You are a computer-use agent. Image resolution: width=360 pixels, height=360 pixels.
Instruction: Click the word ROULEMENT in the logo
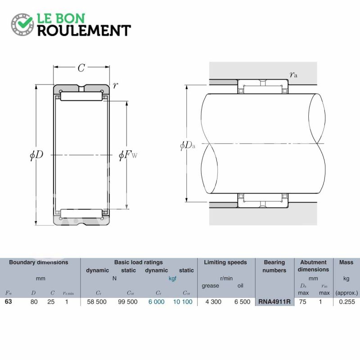84,31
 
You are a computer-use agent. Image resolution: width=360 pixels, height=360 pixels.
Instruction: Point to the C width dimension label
81,68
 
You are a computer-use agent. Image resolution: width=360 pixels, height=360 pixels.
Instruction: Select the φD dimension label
36,155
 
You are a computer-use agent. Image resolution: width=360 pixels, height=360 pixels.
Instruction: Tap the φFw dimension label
128,155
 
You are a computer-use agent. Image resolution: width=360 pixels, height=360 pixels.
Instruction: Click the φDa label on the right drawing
188,145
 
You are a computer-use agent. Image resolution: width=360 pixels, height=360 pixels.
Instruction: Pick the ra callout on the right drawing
293,74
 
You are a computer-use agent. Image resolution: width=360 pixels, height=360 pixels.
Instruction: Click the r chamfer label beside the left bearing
115,85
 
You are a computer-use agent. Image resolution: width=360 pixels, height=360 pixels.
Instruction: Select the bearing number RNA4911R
274,301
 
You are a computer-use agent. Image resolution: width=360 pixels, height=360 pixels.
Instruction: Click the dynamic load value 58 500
97,301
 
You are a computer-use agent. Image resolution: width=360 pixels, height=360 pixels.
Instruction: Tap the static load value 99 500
128,301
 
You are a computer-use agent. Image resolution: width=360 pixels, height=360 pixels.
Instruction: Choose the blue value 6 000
156,301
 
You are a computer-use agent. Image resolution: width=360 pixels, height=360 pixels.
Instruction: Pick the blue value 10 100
183,301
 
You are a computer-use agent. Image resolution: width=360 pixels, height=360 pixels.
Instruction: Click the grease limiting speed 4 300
213,301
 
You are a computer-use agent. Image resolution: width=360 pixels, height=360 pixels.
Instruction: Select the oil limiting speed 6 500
242,301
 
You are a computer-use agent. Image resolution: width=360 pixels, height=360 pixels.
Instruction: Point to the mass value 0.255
347,301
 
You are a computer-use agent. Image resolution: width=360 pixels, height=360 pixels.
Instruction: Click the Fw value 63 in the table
8,301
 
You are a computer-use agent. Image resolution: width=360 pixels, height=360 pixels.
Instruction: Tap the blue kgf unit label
172,279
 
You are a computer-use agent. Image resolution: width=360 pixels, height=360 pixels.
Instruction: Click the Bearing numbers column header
274,266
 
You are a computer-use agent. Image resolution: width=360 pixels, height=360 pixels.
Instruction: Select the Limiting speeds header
225,262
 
